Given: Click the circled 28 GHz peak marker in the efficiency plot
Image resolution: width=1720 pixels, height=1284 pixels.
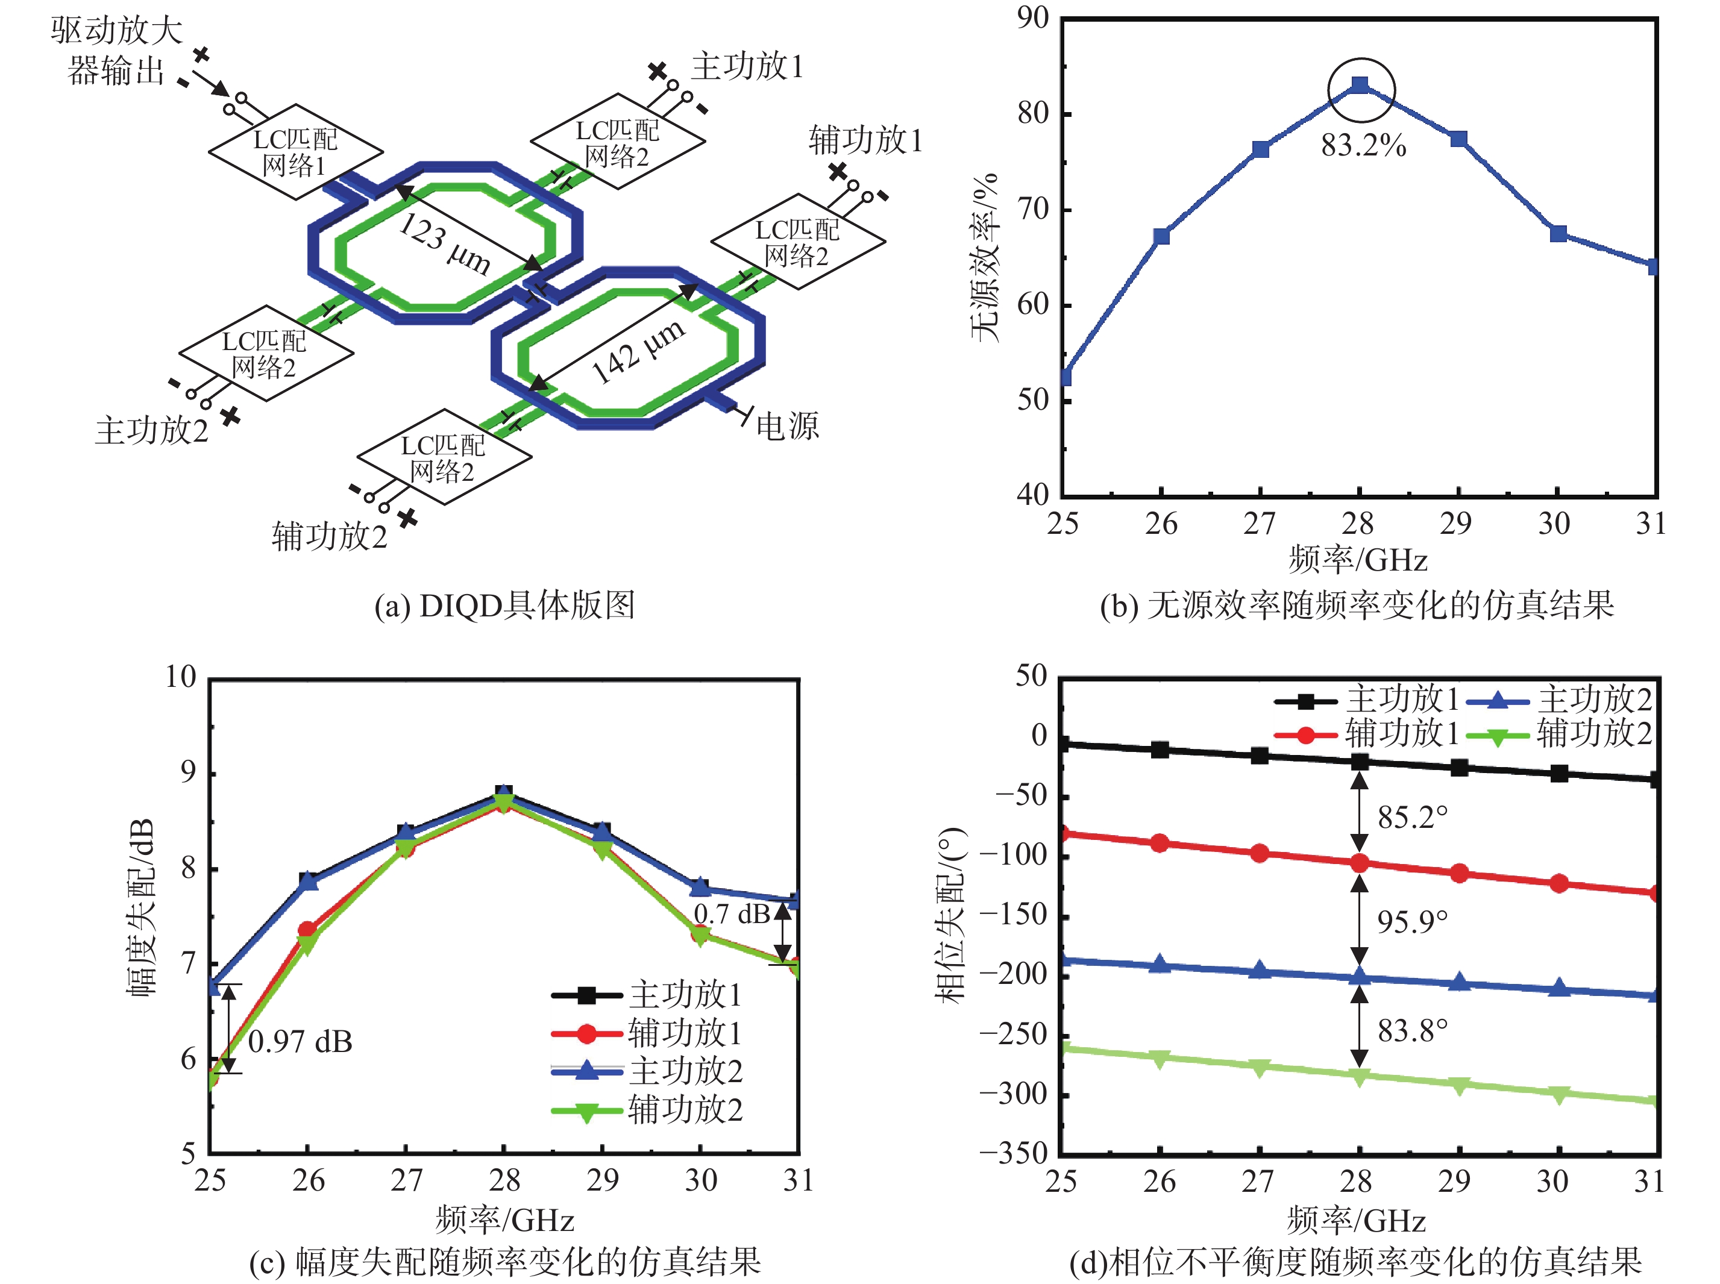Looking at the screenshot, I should tap(1360, 86).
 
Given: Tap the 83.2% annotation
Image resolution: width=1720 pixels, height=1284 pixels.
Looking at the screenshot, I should tap(1363, 145).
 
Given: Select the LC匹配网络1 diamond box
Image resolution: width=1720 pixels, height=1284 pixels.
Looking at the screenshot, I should tap(295, 152).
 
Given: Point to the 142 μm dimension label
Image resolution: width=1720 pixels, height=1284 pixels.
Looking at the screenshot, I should tap(638, 351).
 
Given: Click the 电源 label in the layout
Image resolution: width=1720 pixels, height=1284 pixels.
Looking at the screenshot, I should tap(786, 426).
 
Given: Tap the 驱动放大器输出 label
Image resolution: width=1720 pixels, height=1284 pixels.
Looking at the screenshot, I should tap(116, 51).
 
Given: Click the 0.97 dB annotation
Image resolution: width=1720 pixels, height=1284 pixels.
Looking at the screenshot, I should tap(300, 1042).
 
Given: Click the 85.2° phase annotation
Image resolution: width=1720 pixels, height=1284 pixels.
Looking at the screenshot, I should tap(1412, 817).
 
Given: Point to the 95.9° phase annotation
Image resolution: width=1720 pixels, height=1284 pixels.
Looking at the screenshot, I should tap(1412, 922).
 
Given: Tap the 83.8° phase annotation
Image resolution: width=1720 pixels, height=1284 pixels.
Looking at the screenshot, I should tap(1412, 1030).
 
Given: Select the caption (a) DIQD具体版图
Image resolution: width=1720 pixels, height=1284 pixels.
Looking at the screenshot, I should tap(504, 606).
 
